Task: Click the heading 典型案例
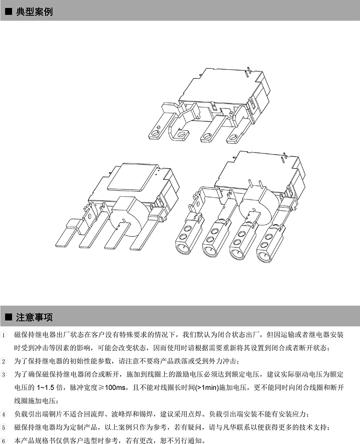(x=34, y=12)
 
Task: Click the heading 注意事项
(x=34, y=318)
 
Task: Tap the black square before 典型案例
(x=8, y=12)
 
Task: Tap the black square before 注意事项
(x=8, y=318)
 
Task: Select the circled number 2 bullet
(x=4, y=362)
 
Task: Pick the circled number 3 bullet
(x=4, y=375)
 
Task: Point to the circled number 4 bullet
(x=4, y=414)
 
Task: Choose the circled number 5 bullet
(x=4, y=427)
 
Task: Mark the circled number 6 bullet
(x=4, y=440)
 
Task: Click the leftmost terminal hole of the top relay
(x=154, y=132)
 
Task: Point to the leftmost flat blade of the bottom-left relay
(x=67, y=235)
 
